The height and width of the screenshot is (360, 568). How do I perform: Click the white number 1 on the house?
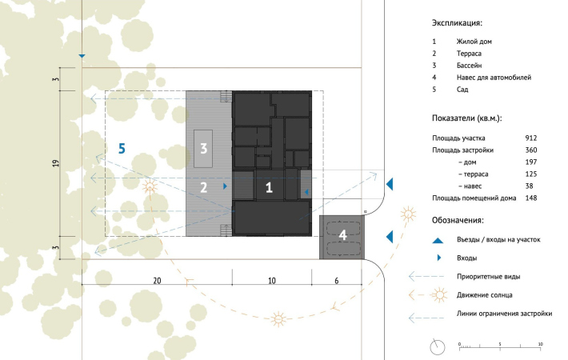coord(269,188)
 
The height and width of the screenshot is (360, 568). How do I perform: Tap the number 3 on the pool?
coord(203,148)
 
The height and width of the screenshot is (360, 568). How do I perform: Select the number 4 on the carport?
coord(342,235)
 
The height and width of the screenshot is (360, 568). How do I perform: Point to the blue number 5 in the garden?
coord(122,149)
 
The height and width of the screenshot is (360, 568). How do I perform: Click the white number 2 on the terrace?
coord(203,188)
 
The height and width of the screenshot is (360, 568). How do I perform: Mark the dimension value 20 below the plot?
coord(157,281)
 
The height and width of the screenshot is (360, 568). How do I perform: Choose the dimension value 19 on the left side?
coord(55,163)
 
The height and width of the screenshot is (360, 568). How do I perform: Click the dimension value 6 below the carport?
coord(337,281)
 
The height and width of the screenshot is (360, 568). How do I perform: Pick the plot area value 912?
coord(531,138)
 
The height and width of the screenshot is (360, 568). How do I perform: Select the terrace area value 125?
coord(531,174)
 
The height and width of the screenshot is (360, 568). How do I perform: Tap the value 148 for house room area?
coord(531,198)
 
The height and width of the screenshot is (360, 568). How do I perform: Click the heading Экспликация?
coord(457,23)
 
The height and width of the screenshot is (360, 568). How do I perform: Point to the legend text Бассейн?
coord(469,65)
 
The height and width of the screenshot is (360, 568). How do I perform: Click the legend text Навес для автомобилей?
coord(494,77)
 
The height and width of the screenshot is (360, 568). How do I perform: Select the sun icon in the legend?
coord(439,295)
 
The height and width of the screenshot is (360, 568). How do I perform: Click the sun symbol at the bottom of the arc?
coord(278,319)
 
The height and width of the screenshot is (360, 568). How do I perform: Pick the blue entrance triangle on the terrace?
coord(225,186)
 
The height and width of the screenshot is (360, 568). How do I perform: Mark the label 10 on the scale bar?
coord(540,344)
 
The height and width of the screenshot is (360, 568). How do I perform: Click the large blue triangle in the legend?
coord(438,241)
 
